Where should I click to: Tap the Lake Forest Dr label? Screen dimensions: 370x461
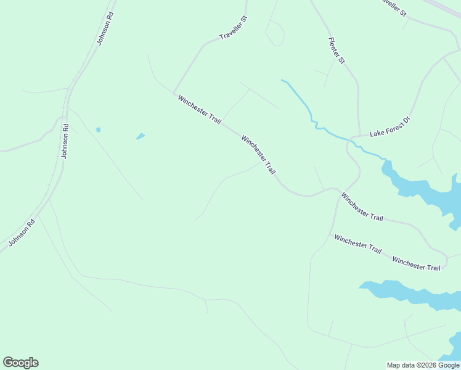(390, 126)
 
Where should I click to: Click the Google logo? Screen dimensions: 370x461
(20, 363)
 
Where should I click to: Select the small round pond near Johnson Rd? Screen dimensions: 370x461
(98, 130)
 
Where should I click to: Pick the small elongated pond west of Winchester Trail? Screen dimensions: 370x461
(141, 136)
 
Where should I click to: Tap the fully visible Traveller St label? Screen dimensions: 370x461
(233, 28)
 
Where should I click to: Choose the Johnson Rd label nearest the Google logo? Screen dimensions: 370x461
(22, 232)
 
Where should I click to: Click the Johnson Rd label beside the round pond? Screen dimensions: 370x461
(65, 141)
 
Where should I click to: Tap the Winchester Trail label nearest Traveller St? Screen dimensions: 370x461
(199, 110)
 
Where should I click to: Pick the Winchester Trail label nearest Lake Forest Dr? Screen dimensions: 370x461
(362, 207)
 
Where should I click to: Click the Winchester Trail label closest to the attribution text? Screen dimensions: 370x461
(417, 264)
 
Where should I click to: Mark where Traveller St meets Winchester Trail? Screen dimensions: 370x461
(173, 93)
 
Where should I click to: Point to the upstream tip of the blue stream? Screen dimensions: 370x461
(282, 80)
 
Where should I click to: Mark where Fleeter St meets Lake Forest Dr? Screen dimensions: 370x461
(359, 135)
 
